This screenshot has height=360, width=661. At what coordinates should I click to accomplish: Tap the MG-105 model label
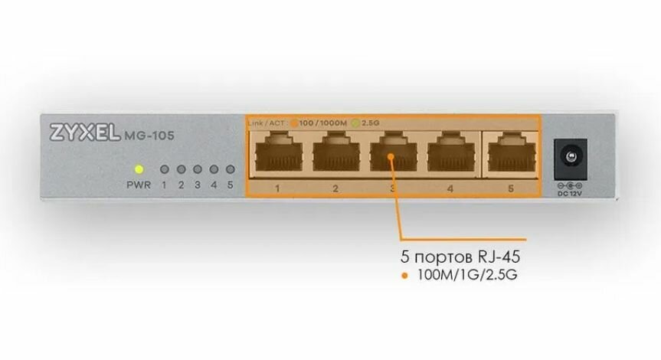(x=149, y=136)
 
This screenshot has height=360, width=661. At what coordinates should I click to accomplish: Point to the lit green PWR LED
(x=139, y=169)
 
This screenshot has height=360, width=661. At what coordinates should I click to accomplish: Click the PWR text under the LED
(x=139, y=185)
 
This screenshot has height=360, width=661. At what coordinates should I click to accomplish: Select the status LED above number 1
(x=163, y=169)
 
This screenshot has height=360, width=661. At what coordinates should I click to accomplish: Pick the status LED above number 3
(x=197, y=169)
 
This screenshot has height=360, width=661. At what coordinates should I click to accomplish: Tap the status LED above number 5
(x=230, y=169)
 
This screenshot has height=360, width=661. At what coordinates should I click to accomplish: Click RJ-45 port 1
(x=277, y=152)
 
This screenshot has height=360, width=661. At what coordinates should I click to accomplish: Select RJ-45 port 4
(x=450, y=152)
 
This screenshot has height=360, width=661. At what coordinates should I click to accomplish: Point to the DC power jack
(x=569, y=155)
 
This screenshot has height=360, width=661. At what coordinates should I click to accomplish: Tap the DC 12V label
(x=569, y=193)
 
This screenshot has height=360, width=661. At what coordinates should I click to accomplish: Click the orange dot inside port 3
(x=391, y=159)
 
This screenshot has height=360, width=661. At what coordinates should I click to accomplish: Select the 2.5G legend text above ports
(x=370, y=123)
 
